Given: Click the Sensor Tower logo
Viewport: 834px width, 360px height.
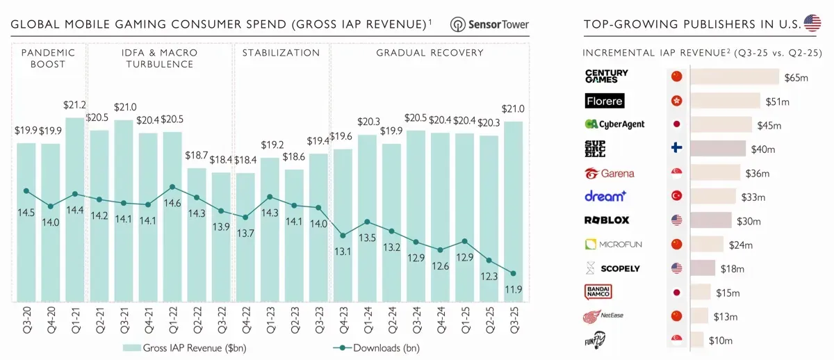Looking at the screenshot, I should coord(489,24).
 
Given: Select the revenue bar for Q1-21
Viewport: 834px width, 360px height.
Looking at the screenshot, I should coord(75,208).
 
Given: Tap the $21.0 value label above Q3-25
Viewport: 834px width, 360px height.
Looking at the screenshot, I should coord(513,109).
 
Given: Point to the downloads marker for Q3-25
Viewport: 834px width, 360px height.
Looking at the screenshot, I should coord(513,273).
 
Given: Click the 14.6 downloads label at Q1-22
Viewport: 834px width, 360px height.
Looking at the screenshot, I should coord(172,203).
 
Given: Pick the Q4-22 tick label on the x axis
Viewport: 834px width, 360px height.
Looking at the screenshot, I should coord(245,320).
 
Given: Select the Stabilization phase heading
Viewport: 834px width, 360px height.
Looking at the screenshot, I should coord(281,53).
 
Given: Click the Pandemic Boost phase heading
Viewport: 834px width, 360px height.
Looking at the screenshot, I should coord(48,58).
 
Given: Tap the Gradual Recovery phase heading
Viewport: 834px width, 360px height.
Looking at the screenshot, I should coord(430,53).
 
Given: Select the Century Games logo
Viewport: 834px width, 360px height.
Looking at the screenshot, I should coord(606,76).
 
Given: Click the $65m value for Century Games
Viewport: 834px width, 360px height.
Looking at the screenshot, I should coord(796,77).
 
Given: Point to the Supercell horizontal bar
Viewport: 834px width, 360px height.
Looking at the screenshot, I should coord(718,149).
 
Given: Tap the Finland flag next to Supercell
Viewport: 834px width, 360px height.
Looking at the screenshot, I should coord(676,149).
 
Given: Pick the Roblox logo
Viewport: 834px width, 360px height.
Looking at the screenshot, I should coord(606,220).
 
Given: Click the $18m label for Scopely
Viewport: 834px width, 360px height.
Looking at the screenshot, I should coord(733,269).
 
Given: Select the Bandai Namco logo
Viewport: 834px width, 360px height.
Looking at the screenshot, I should coord(598,293).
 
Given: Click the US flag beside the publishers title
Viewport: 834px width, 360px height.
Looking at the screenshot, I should coord(812,24).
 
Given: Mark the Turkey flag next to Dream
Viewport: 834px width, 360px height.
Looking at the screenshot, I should coord(676,196).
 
